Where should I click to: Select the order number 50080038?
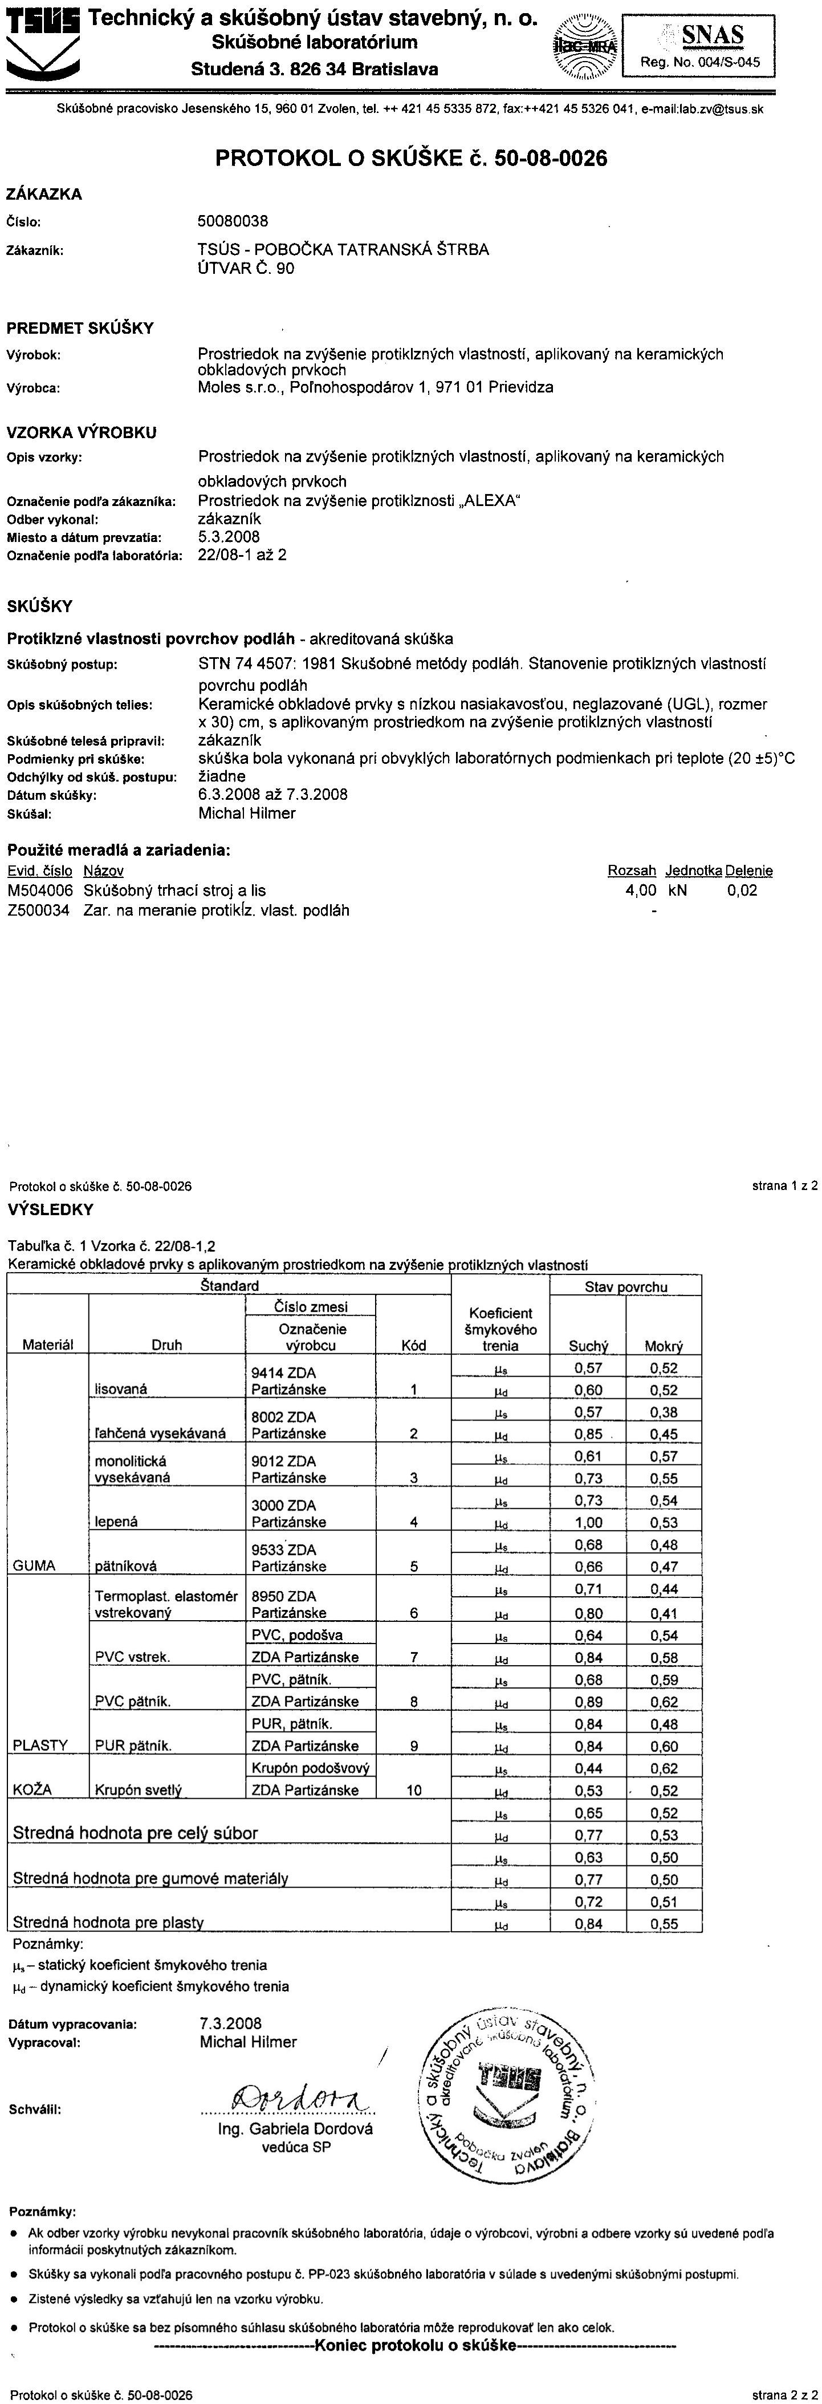point(233,221)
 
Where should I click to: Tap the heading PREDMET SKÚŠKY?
point(80,327)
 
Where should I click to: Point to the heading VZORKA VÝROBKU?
point(82,432)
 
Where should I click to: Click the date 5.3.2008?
point(230,537)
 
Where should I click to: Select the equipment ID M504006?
point(40,891)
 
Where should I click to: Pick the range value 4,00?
point(640,891)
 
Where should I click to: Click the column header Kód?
point(413,1345)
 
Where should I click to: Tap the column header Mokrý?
point(664,1346)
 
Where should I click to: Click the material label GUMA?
point(35,1565)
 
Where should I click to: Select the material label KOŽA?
point(32,1789)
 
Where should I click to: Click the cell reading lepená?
point(117,1521)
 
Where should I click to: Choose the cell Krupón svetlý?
point(138,1790)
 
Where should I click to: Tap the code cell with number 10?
point(413,1790)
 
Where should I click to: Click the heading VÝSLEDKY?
point(51,1209)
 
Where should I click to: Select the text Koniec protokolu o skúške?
point(417,2345)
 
